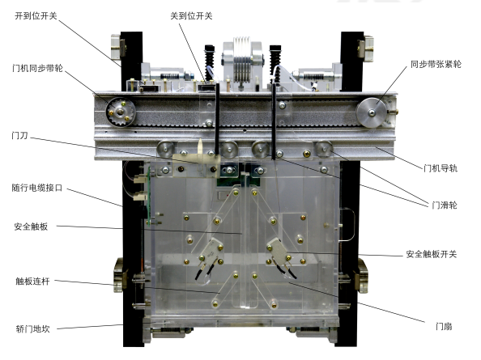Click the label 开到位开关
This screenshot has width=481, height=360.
point(36,16)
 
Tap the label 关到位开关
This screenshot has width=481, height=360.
point(191,16)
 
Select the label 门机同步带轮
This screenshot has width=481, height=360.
point(37,68)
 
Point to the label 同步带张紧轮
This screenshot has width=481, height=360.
point(436,65)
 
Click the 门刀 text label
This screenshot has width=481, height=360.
point(19,135)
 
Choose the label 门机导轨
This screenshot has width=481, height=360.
point(441,168)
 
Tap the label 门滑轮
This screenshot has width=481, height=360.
point(445,205)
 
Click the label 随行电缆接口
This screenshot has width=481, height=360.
point(37,188)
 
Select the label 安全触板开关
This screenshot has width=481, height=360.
point(432,254)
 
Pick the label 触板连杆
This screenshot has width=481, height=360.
point(32,282)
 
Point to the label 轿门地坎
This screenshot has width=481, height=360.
point(32,329)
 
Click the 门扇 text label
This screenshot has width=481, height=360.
point(444,326)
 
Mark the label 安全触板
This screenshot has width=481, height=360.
point(31,227)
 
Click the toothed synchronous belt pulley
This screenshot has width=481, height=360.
point(121,112)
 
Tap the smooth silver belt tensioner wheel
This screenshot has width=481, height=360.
point(372,112)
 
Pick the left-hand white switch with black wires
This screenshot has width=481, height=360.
point(211,251)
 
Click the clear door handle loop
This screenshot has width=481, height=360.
point(348,225)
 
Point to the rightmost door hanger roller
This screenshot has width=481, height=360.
point(323,149)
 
